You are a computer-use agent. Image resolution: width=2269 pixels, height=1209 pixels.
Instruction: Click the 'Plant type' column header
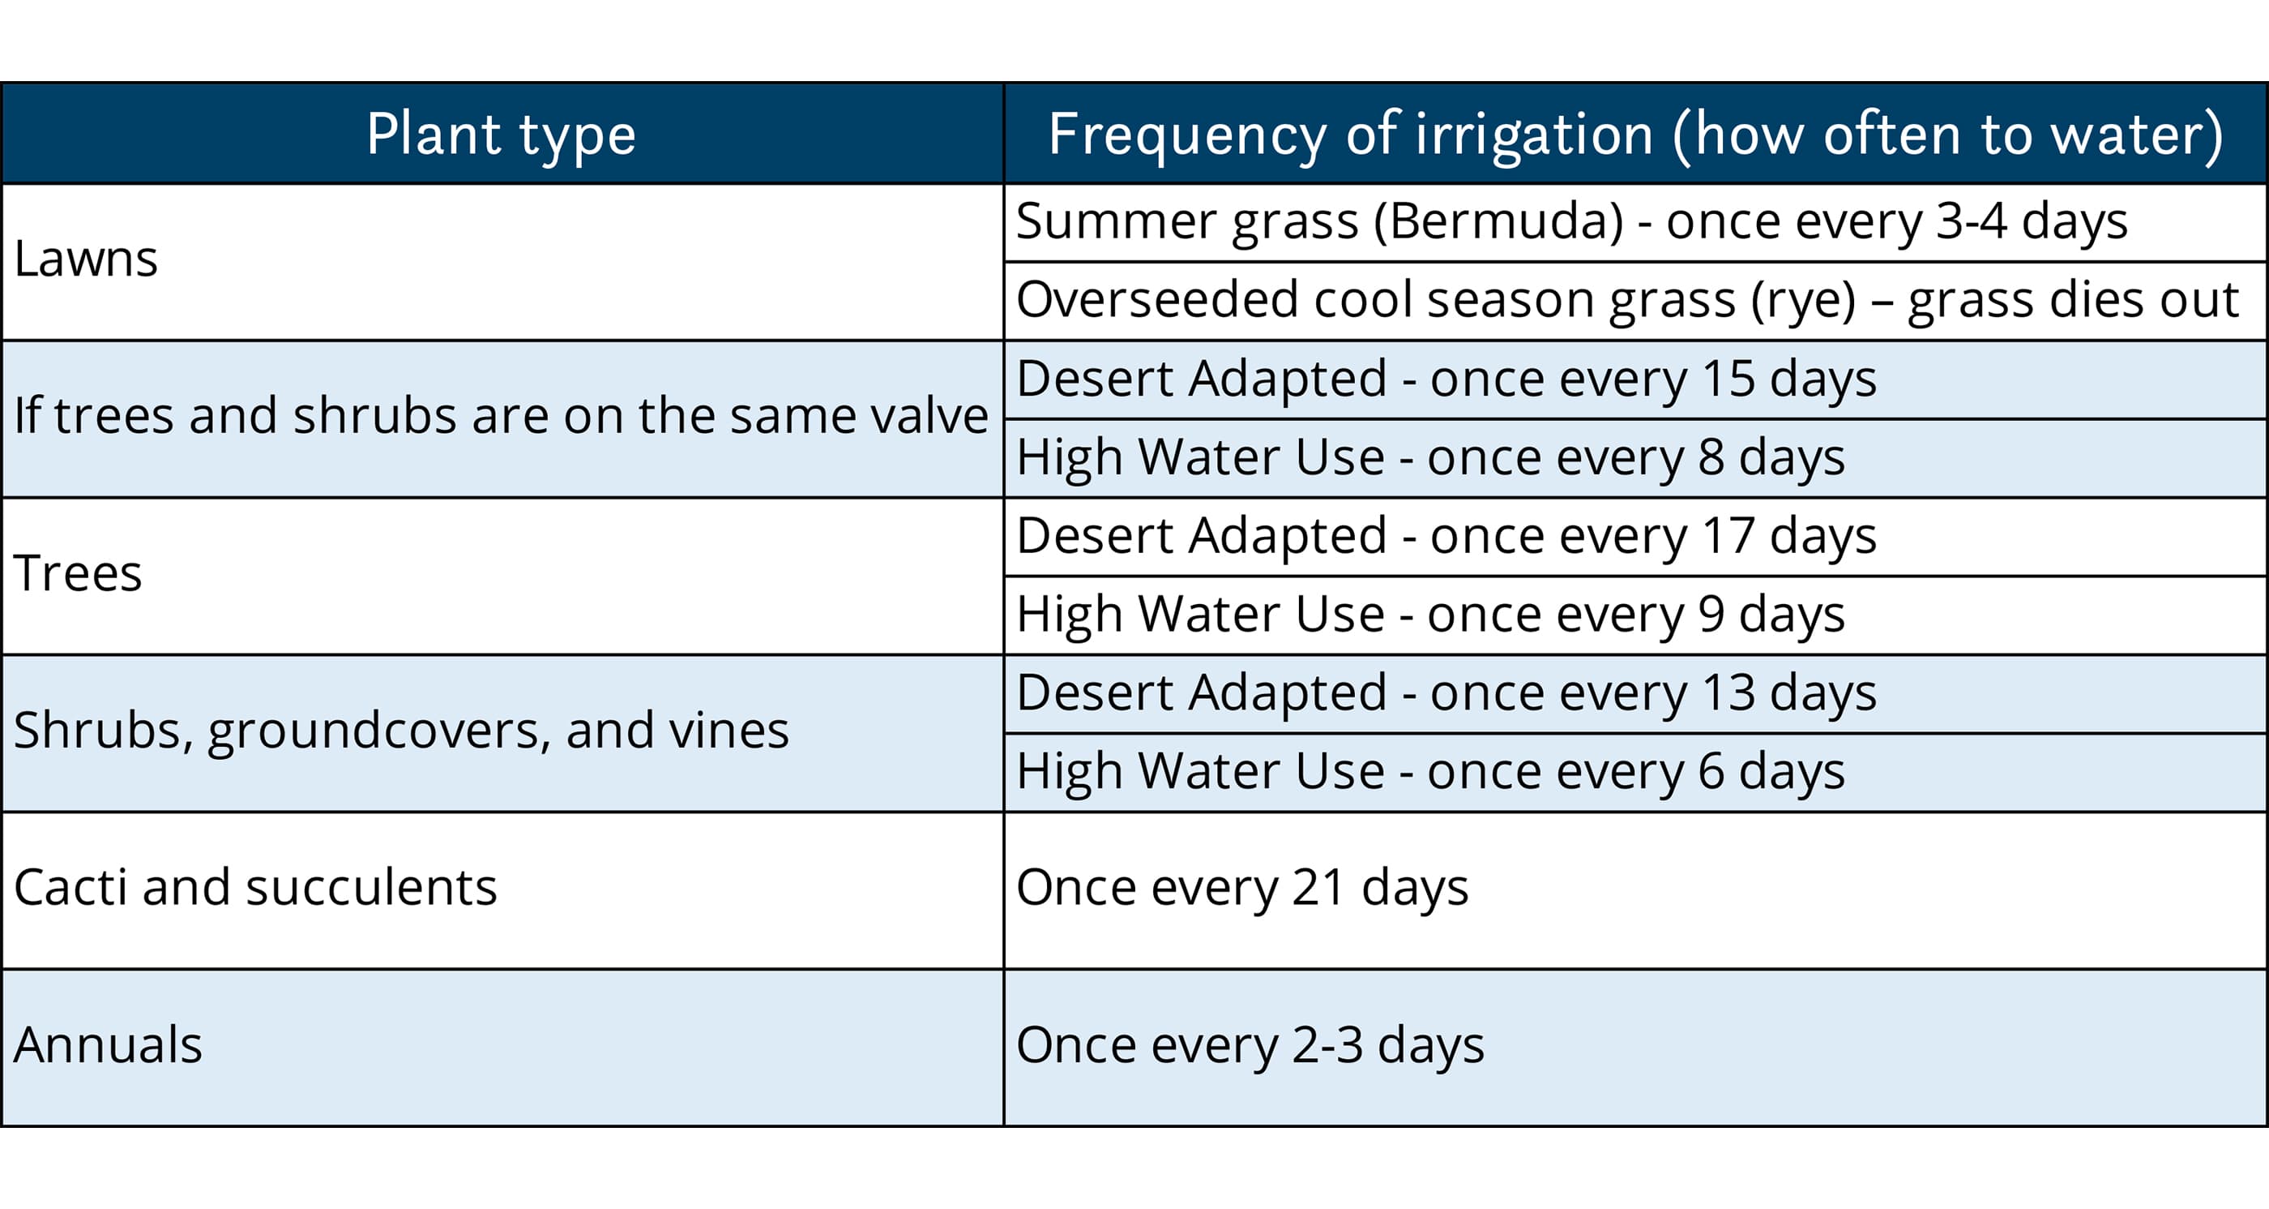pyautogui.click(x=501, y=135)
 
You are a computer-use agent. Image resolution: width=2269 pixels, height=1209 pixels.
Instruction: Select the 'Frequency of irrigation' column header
pyautogui.click(x=1635, y=135)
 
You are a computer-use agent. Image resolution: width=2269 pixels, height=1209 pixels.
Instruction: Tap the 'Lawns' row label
pyautogui.click(x=85, y=259)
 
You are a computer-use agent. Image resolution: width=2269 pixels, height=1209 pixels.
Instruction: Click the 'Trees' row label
pyautogui.click(x=78, y=573)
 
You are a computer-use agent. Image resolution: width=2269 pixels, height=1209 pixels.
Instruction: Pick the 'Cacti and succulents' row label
pyautogui.click(x=255, y=887)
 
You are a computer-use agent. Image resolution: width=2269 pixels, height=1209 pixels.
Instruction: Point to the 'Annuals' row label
pyautogui.click(x=108, y=1045)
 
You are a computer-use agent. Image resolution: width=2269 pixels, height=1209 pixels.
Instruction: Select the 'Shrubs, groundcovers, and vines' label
pyautogui.click(x=401, y=731)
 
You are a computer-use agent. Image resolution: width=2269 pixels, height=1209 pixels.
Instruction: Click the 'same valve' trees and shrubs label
pyautogui.click(x=501, y=416)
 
